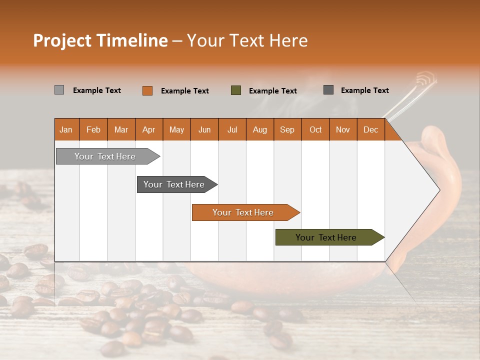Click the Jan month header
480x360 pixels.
tap(66, 129)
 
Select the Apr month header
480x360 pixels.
tap(148, 129)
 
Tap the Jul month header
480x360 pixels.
tap(232, 129)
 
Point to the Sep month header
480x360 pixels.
tap(287, 129)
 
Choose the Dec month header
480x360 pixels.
tap(370, 129)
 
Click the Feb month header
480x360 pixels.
tap(93, 129)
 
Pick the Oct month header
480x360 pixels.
tap(315, 129)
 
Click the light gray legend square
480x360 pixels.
tap(59, 90)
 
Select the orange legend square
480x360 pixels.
tap(147, 90)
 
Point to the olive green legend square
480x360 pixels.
tap(236, 90)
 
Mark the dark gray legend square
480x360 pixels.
tap(328, 90)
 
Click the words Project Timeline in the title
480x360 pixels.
tap(100, 40)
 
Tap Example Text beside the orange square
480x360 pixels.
tap(185, 91)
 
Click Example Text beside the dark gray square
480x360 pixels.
tap(365, 90)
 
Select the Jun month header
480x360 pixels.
tap(204, 129)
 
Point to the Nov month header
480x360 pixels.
tap(343, 129)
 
